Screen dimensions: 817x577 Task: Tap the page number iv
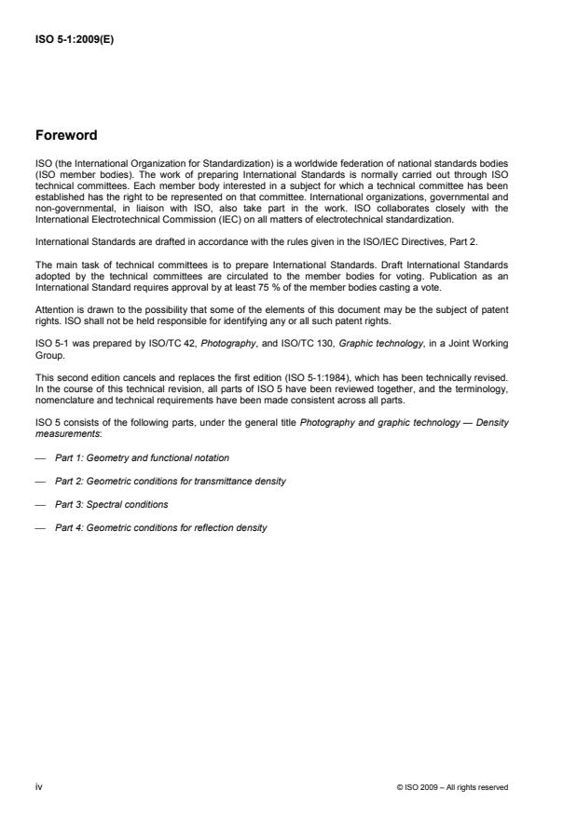39,786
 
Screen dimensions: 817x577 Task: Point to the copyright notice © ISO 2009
452,787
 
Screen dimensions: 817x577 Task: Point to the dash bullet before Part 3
39,504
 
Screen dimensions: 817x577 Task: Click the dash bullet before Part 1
39,457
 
